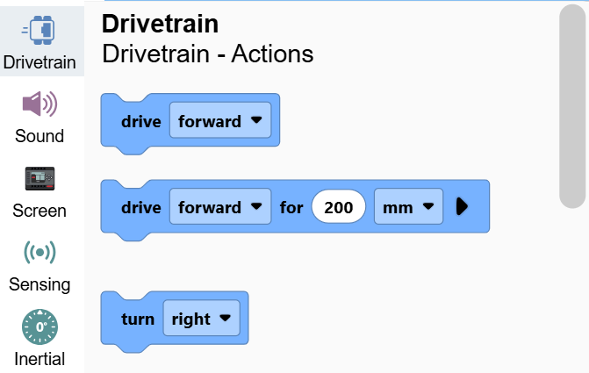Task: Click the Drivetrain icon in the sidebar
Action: [39, 30]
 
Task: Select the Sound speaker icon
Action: [40, 104]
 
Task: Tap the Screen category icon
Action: [40, 178]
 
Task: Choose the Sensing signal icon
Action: [40, 253]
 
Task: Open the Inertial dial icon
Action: [40, 326]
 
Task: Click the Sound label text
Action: [40, 136]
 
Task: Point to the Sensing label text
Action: [40, 284]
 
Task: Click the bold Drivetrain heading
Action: [160, 24]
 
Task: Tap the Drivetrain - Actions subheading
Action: [208, 54]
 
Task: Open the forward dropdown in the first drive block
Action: [220, 120]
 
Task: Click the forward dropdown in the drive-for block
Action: [220, 206]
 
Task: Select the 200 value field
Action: [339, 206]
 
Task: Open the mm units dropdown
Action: [408, 206]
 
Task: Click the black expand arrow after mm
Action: [462, 206]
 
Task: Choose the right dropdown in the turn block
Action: [201, 319]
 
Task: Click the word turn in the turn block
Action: [138, 319]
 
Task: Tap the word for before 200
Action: [291, 207]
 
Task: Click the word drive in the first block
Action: [141, 121]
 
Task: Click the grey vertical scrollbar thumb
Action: [572, 106]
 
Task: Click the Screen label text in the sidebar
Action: [40, 211]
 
